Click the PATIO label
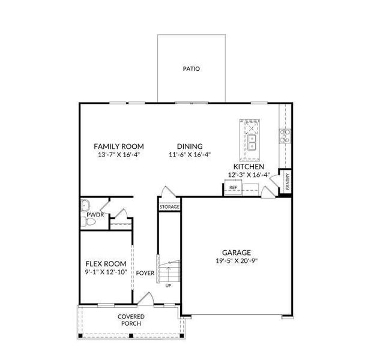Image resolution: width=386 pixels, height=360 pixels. point(191,69)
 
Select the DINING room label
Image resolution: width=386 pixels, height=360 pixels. point(189,146)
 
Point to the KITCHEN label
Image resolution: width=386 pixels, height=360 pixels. point(249,166)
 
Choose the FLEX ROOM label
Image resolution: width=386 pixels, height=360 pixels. point(106,264)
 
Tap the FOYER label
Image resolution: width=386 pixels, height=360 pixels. point(145,274)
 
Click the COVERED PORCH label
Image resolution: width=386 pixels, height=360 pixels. point(130,320)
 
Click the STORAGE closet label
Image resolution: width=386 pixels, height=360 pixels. point(169,207)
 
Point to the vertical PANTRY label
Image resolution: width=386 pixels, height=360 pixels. point(288,181)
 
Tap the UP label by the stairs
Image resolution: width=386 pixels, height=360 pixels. point(168,285)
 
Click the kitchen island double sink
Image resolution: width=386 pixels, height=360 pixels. point(253,142)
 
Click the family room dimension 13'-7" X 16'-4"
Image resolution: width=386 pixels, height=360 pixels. point(119,155)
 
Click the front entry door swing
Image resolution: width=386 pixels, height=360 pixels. point(145,298)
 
